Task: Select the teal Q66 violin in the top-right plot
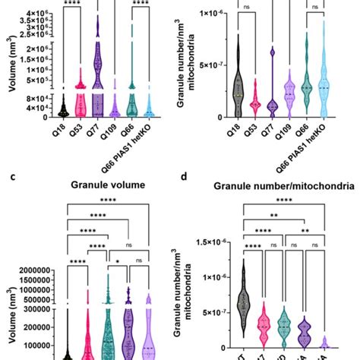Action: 308,76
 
